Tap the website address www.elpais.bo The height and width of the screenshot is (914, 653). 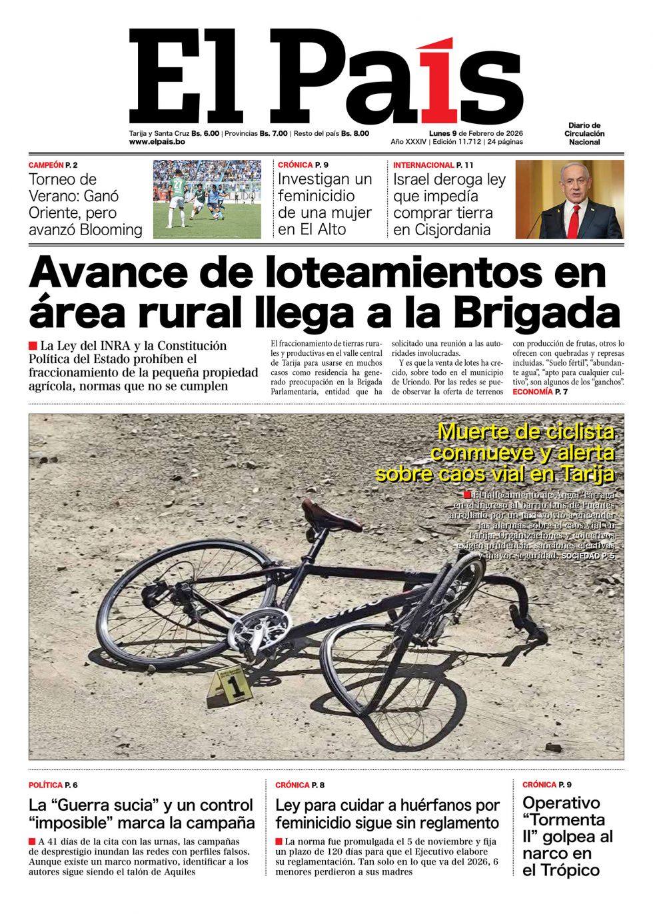[157, 143]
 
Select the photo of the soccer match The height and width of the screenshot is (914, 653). [209, 199]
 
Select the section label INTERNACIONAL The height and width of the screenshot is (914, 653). [423, 164]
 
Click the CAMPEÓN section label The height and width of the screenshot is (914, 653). [46, 164]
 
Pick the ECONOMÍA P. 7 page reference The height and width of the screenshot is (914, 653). [540, 392]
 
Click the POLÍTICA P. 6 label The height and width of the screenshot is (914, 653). [57, 785]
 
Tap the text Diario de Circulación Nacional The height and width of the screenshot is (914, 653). [584, 133]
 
